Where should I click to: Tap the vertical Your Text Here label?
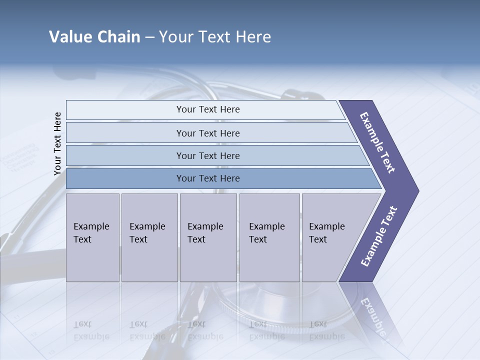(x=57, y=143)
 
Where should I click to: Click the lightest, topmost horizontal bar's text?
(x=208, y=109)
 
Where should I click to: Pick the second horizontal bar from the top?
(x=208, y=133)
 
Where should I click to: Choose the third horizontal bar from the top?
(x=208, y=155)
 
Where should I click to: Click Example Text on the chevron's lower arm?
(x=378, y=236)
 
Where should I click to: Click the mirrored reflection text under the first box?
(x=91, y=330)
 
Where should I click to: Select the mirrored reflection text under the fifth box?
(x=326, y=330)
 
